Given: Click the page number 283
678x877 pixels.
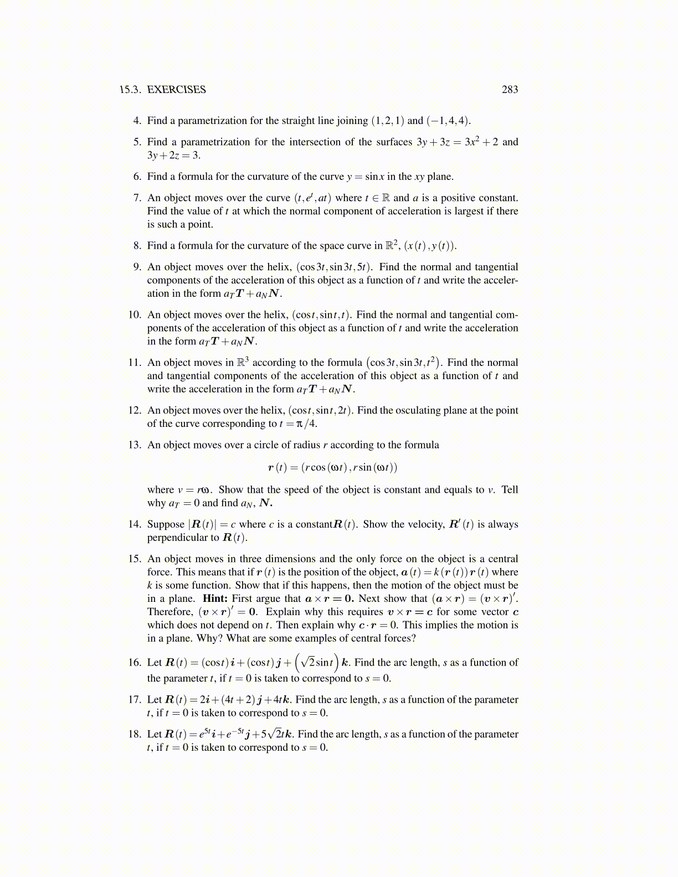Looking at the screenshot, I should [x=510, y=90].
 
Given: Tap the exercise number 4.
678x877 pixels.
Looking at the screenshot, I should [x=137, y=121].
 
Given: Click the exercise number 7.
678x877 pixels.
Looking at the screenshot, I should [x=137, y=198].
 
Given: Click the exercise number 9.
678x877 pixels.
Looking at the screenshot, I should [x=137, y=267].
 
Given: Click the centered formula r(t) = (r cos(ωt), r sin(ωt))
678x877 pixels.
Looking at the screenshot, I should [x=332, y=467].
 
